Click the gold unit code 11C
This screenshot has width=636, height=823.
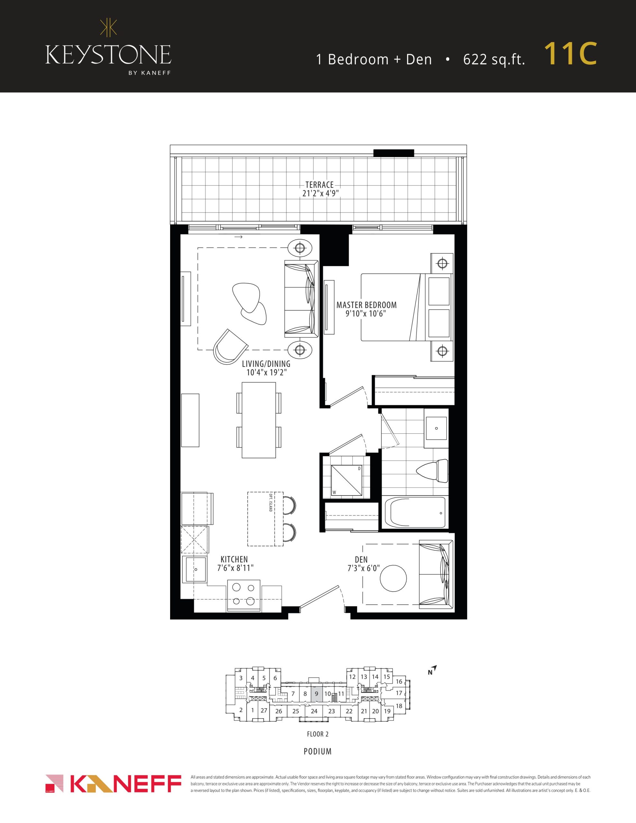pos(570,54)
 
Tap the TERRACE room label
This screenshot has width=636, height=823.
pos(319,185)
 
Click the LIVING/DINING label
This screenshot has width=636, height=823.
pos(266,364)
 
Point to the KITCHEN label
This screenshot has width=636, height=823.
pos(234,560)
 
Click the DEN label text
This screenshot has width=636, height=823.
pos(361,560)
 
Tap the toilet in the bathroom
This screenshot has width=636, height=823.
pos(432,471)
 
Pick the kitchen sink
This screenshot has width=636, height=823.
pos(195,569)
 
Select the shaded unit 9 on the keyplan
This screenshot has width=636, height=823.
pos(316,694)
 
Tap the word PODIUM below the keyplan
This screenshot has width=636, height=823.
pos(318,752)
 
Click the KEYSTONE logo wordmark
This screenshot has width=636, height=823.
pos(108,55)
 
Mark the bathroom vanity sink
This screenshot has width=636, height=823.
pos(436,428)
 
